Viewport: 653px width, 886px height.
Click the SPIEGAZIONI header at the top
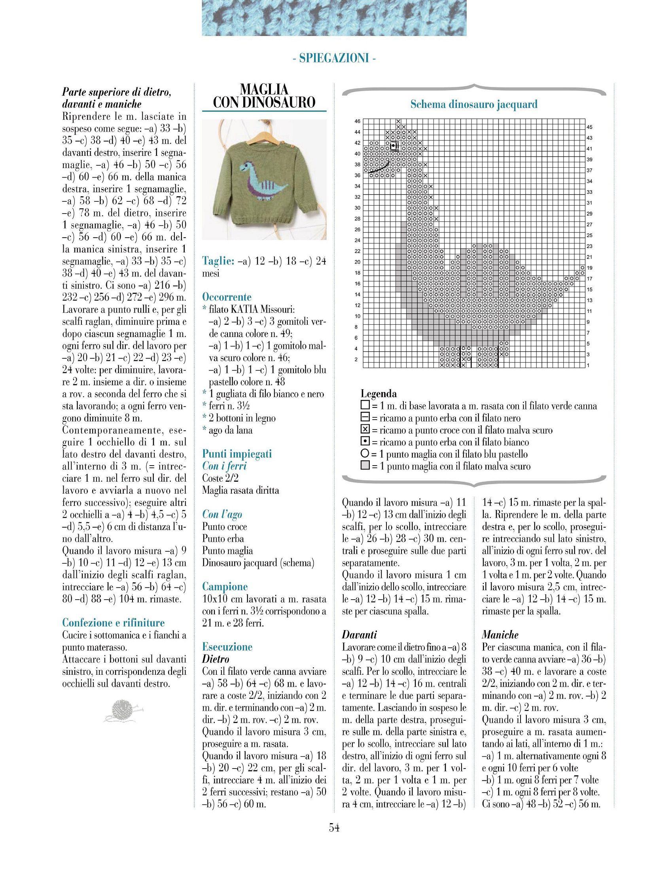coord(334,59)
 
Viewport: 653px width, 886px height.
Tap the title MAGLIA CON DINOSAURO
coord(264,96)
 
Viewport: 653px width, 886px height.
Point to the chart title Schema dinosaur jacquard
coord(474,104)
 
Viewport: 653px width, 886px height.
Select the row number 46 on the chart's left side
coord(358,121)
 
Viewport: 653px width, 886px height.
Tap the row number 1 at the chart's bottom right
coord(588,365)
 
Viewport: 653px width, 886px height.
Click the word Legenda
coord(379,394)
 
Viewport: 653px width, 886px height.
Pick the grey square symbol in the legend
coord(365,466)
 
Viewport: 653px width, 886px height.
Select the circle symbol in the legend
coord(365,454)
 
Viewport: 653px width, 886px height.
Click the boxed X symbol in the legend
coord(365,430)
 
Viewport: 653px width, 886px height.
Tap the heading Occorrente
coord(227,297)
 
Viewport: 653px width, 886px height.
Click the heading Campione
coord(225,586)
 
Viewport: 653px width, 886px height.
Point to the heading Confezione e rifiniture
coord(114,623)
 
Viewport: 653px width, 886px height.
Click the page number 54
coord(334,827)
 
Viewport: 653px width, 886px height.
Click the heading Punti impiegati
coord(237,454)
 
